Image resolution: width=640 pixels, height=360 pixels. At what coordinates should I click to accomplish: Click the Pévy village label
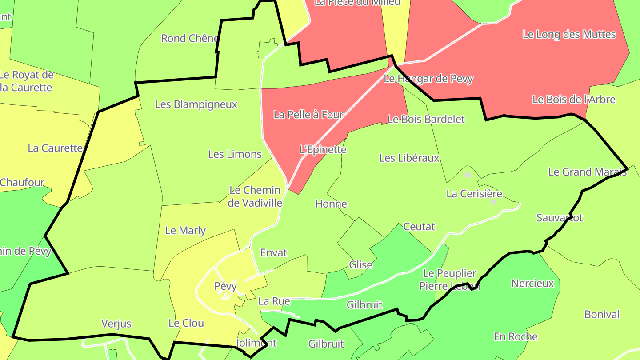225,286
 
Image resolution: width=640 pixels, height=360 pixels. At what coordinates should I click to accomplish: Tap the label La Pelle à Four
308,115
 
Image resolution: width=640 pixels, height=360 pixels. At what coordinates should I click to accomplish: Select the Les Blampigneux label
196,104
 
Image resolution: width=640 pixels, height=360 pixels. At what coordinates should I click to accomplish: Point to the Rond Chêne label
190,38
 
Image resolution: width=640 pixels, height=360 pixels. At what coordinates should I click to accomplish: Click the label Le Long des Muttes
569,34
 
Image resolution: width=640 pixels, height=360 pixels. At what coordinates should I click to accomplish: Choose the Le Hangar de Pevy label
428,79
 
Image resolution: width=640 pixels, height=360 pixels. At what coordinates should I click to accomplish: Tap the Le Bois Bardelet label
426,119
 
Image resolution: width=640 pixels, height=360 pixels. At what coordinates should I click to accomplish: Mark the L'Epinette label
323,149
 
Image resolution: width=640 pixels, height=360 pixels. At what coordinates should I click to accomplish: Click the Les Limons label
235,154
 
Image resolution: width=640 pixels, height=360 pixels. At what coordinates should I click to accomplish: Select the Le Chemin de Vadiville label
255,196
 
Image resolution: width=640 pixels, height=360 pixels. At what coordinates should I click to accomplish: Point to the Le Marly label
185,230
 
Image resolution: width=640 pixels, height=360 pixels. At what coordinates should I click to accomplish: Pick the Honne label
331,204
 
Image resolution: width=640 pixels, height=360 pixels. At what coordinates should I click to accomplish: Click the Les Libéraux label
409,158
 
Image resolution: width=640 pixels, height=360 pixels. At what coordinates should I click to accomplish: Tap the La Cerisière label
474,193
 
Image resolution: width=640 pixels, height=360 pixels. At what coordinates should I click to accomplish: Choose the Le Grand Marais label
587,172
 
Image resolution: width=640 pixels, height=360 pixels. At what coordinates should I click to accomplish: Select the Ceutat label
419,227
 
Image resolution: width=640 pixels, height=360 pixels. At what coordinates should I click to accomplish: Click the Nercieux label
532,283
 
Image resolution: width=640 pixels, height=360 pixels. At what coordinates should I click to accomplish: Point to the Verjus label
116,324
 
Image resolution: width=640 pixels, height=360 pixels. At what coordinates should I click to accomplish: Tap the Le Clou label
186,323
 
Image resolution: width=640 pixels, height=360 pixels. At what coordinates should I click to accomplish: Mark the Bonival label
602,314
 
